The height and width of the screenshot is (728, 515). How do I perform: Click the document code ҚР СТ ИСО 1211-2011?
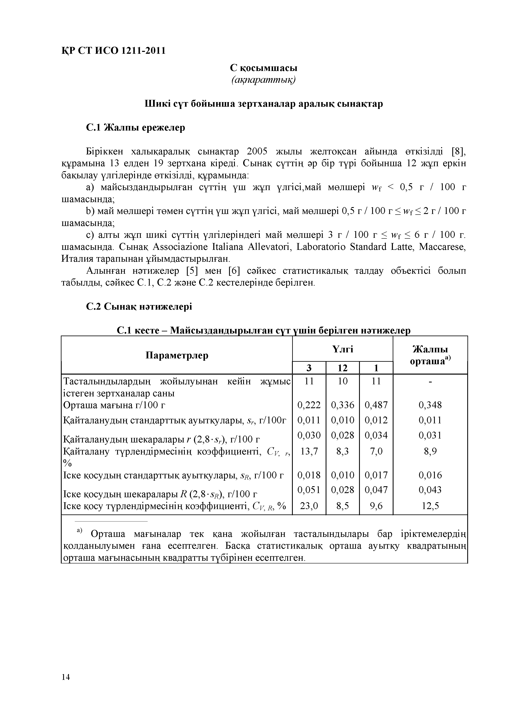[113, 50]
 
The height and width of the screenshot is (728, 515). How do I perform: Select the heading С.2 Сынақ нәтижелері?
[139, 306]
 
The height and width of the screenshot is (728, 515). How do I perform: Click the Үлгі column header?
[343, 349]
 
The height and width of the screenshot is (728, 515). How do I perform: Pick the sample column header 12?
[343, 368]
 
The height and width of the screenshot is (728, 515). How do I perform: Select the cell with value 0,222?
[309, 405]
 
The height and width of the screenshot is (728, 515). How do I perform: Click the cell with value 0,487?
[376, 405]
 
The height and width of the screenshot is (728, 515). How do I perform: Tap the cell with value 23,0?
[309, 506]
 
